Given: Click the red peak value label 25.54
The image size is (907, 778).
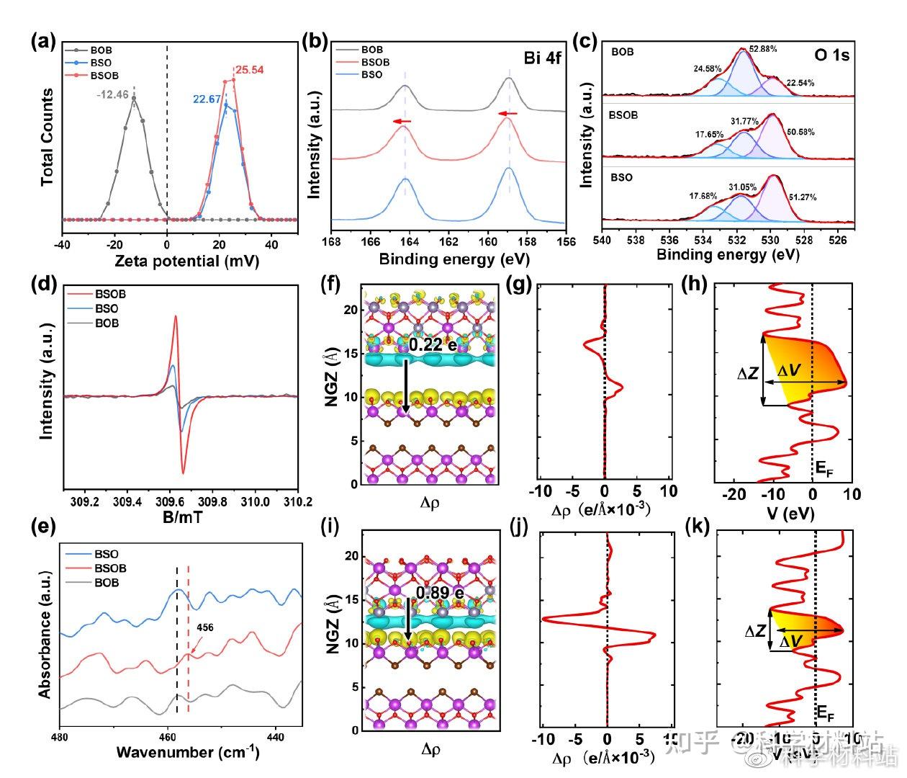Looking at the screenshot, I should tap(250, 71).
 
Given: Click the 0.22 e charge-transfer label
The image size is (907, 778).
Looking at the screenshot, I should tap(433, 346).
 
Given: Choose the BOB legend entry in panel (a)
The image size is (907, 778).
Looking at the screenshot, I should tap(101, 51).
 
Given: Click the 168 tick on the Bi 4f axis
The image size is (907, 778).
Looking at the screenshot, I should tap(332, 241).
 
